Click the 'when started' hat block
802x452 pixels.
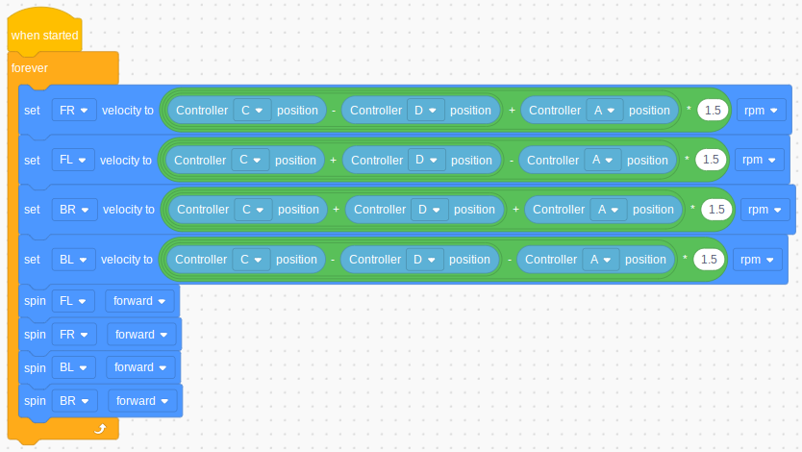point(44,31)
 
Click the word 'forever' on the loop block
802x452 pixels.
point(30,68)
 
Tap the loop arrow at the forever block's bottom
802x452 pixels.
point(100,429)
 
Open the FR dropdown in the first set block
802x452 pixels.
point(74,111)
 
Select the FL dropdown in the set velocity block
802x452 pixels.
point(73,160)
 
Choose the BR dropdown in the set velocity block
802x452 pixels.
point(75,210)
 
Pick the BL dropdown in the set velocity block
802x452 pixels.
point(74,260)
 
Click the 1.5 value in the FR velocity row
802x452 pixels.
point(713,111)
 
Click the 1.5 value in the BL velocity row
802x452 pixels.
point(709,260)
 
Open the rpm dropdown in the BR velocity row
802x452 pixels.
point(765,210)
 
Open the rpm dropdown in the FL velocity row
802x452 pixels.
point(759,160)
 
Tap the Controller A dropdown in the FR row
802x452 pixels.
point(604,111)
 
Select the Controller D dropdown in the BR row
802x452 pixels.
point(429,210)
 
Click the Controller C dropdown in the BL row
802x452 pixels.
point(251,260)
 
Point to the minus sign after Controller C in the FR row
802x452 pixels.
point(334,111)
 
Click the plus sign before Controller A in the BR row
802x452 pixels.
point(515,210)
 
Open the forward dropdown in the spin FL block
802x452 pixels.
point(139,301)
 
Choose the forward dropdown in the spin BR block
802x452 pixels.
point(142,401)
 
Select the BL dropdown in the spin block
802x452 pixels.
point(74,367)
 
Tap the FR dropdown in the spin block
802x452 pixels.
point(74,335)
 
